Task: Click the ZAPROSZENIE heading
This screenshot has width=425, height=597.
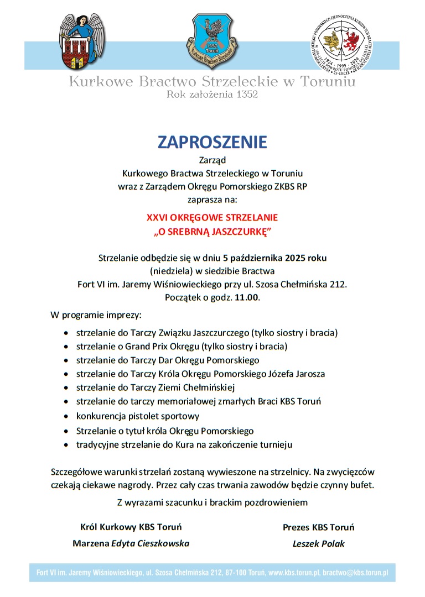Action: point(212,142)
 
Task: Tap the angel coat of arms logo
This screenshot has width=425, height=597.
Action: point(81,40)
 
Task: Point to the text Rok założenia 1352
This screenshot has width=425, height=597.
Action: point(212,95)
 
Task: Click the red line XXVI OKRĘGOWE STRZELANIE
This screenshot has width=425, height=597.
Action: point(212,217)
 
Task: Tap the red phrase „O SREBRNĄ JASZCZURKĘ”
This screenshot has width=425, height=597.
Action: point(212,231)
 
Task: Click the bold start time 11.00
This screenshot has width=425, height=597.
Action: point(247,297)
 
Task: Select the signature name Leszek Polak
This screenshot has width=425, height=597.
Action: point(318,543)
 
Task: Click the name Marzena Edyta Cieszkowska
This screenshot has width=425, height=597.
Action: point(131,543)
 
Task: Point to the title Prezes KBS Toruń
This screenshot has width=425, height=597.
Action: point(318,527)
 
